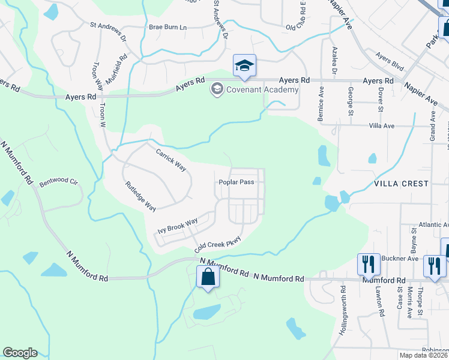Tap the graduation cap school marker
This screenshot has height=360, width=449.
point(244,65)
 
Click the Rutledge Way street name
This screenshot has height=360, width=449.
point(140,196)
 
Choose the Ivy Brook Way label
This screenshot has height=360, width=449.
point(178,226)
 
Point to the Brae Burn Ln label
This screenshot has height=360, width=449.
point(168,28)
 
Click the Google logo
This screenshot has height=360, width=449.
point(20,353)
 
